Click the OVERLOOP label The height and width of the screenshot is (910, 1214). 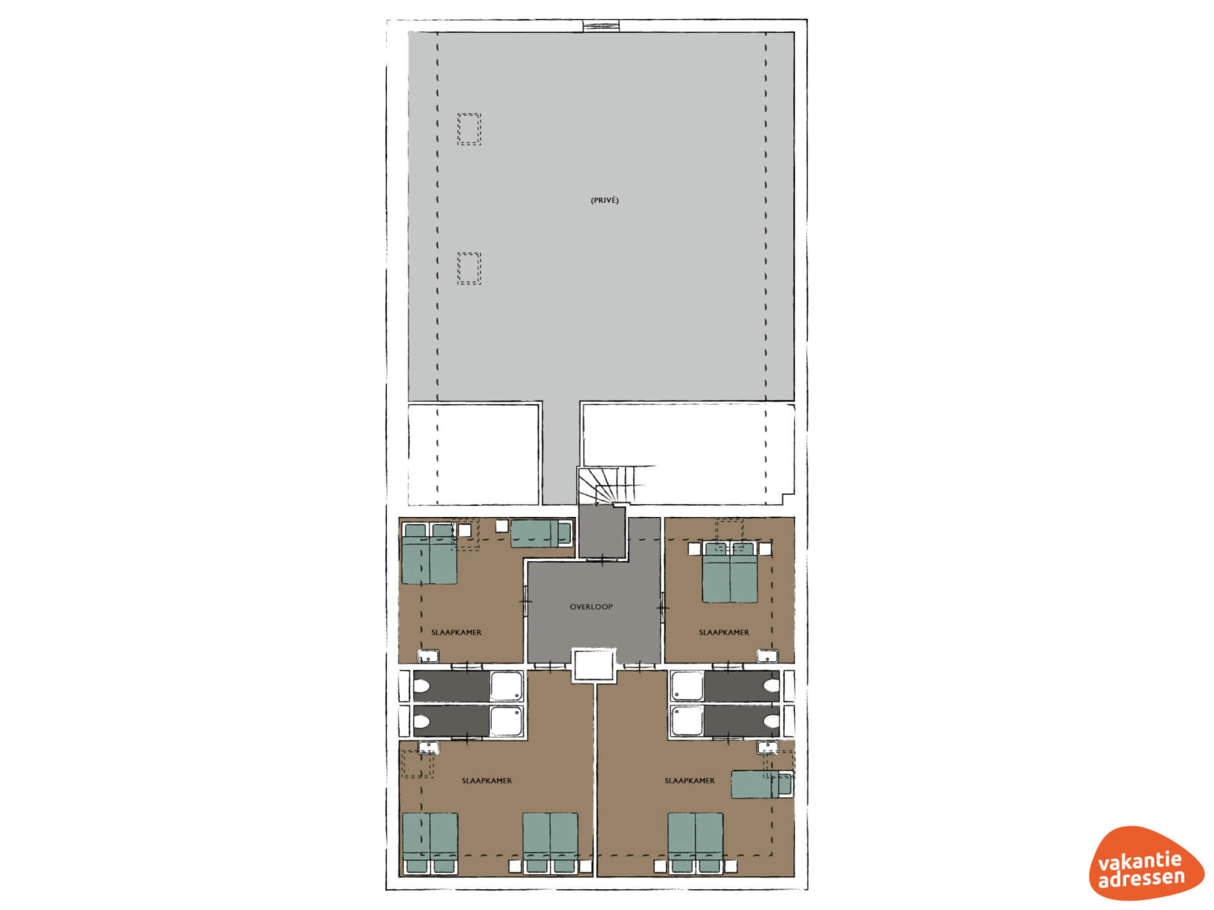(x=591, y=607)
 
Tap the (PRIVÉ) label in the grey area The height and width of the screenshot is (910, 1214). (x=604, y=200)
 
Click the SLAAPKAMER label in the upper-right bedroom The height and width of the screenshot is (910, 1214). (x=724, y=633)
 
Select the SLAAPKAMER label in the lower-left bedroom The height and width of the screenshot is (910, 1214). (x=487, y=781)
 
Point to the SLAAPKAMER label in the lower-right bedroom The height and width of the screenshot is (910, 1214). (x=690, y=781)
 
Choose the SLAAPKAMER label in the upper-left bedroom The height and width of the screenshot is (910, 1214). (x=457, y=633)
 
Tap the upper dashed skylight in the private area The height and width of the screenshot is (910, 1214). (x=469, y=130)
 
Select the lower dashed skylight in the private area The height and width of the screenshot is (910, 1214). (x=469, y=269)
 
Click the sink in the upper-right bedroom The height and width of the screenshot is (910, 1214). (x=767, y=656)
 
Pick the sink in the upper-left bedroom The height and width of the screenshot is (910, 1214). (x=428, y=656)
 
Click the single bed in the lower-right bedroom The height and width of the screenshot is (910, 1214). (x=762, y=784)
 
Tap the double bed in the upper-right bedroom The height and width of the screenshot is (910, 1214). (x=730, y=572)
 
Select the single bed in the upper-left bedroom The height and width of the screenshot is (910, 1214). (x=541, y=533)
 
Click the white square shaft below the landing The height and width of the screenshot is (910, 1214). (x=593, y=665)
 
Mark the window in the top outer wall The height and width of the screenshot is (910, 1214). (x=601, y=26)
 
